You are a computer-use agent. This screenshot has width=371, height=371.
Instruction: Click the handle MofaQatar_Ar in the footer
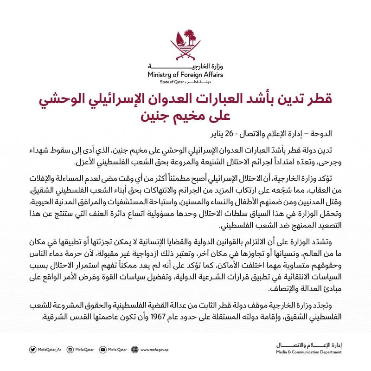coord(51,350)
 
